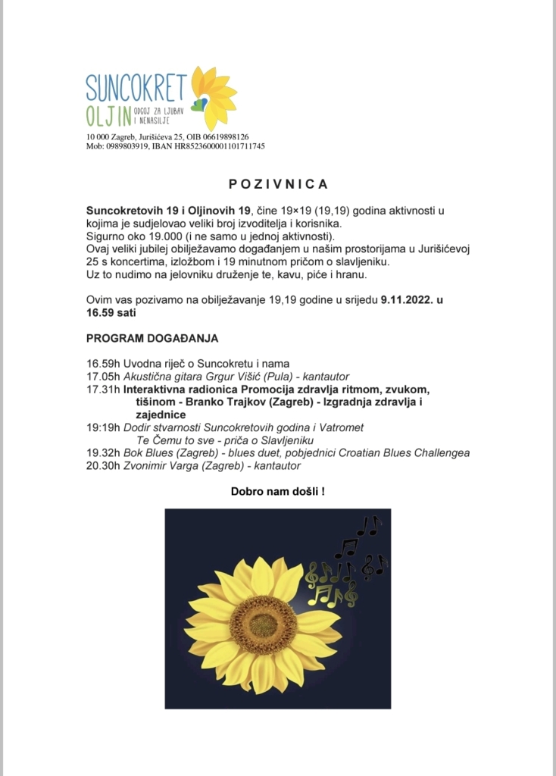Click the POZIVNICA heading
pos(278,184)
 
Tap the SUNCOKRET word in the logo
pos(136,89)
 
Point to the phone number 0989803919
pos(123,145)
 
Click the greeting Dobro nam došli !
pos(277,492)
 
